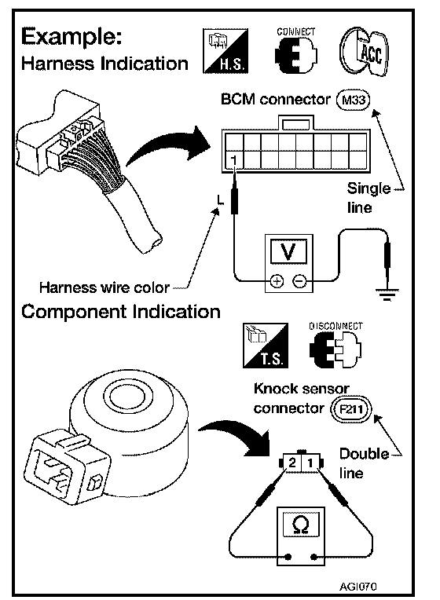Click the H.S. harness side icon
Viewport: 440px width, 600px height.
(x=225, y=51)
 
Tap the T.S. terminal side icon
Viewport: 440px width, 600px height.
(x=266, y=346)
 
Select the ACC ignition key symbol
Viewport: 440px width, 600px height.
(x=364, y=51)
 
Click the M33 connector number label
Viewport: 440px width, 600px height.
(x=353, y=101)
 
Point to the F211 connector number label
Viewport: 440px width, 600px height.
(x=350, y=409)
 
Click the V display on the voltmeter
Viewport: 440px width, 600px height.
(x=288, y=251)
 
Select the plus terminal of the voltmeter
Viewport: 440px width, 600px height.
(x=277, y=281)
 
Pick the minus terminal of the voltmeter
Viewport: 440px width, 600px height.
(x=299, y=281)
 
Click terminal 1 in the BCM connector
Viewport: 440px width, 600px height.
(x=234, y=161)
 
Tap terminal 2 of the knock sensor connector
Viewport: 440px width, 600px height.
(x=292, y=463)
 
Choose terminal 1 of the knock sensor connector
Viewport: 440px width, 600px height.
(x=310, y=463)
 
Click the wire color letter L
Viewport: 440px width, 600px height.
(x=220, y=199)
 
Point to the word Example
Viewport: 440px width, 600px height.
(x=71, y=38)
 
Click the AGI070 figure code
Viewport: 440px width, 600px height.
(x=357, y=586)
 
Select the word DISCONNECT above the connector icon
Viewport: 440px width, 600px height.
(x=335, y=327)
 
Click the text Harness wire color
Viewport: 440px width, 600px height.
(x=104, y=287)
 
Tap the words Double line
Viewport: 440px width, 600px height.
(x=364, y=463)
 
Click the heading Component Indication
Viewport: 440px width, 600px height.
(x=121, y=312)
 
